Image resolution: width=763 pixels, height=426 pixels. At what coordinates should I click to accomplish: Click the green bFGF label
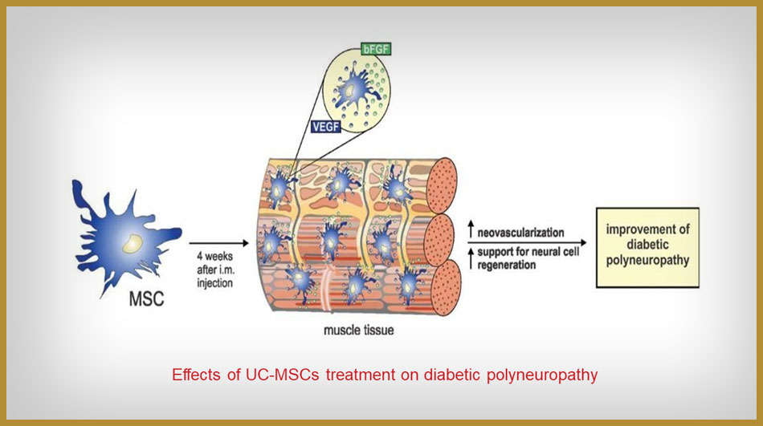click(376, 49)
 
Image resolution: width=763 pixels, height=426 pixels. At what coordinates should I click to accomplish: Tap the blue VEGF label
click(325, 127)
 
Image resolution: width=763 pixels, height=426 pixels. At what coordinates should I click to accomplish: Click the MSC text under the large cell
click(146, 298)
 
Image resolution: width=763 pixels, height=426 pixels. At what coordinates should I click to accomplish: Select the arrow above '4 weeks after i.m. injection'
click(218, 243)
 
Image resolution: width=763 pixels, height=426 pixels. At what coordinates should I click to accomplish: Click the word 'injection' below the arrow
click(214, 283)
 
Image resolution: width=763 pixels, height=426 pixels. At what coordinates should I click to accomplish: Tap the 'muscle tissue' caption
click(359, 331)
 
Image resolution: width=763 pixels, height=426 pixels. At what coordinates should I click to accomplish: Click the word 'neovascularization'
click(520, 233)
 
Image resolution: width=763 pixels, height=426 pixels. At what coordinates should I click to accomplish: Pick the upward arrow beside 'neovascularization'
click(471, 229)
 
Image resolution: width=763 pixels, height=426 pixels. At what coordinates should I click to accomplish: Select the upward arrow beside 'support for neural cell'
click(471, 258)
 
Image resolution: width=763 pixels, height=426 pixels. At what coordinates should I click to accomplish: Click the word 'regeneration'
click(506, 265)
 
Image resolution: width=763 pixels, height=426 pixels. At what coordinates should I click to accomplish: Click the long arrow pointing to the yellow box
click(527, 242)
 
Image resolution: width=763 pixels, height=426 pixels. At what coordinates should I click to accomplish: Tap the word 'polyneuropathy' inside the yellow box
click(647, 260)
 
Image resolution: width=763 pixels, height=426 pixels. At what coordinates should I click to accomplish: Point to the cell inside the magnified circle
click(353, 91)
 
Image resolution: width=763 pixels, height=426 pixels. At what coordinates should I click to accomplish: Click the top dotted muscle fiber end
click(442, 185)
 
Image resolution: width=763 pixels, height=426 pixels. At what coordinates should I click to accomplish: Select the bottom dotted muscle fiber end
click(445, 287)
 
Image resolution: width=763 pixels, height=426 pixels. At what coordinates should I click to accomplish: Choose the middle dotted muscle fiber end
click(439, 240)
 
